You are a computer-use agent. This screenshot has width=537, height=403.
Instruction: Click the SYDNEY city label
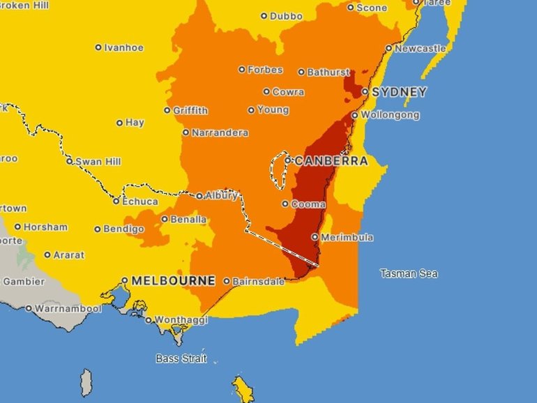(x=398, y=92)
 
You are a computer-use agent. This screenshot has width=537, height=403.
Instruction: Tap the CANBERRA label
(x=331, y=161)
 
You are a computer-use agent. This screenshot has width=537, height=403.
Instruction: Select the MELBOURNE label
(x=173, y=281)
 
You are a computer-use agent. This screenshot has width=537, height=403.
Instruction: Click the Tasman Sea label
(x=409, y=273)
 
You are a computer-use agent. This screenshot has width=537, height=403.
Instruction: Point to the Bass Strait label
(x=177, y=360)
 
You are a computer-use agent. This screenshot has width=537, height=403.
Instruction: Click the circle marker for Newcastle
(x=389, y=49)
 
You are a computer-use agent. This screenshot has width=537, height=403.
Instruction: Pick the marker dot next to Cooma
(x=285, y=204)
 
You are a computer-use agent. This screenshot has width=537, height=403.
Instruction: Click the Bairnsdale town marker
(x=227, y=282)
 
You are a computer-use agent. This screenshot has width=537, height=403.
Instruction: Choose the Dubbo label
(x=286, y=15)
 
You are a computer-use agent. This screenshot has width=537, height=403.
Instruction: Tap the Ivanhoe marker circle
(x=98, y=48)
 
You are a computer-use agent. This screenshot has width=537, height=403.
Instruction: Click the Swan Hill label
(x=98, y=161)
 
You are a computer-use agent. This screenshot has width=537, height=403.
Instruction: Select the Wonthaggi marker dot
(x=149, y=321)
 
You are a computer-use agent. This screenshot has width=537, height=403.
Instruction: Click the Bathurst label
(x=328, y=72)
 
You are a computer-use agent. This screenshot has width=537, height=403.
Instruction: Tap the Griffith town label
(x=190, y=110)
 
